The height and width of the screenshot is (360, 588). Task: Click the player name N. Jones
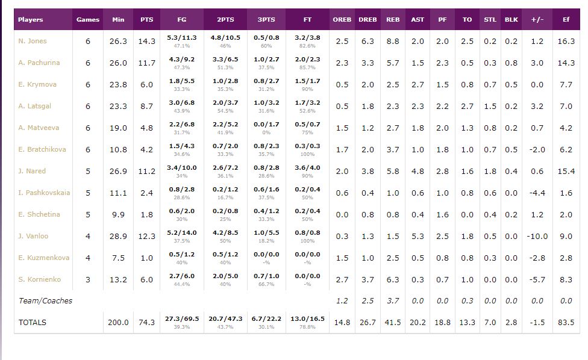click(33, 41)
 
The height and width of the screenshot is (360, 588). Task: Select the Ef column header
click(566, 19)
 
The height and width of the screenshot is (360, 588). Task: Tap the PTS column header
click(146, 19)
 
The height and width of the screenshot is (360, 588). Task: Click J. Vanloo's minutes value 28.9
click(118, 236)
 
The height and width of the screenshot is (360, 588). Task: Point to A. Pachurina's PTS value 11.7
click(146, 63)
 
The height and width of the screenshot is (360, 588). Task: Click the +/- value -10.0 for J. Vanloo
click(537, 236)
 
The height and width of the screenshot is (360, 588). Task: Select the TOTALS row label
click(33, 323)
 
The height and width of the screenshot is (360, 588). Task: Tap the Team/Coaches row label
click(45, 301)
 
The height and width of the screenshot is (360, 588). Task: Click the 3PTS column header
click(266, 19)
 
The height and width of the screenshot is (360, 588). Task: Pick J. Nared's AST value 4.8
click(418, 171)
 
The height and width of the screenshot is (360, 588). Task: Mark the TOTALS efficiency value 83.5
click(566, 323)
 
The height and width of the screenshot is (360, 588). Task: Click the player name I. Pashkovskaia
click(44, 193)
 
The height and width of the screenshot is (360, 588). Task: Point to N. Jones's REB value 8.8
click(393, 41)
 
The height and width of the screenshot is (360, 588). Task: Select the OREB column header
click(342, 19)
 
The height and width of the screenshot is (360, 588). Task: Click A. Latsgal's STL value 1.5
click(490, 106)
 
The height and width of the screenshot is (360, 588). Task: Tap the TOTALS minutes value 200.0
click(118, 323)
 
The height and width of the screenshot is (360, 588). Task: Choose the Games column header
click(88, 19)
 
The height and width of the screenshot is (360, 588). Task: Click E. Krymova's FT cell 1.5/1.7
click(307, 81)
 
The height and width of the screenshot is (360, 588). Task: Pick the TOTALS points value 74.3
click(146, 323)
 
